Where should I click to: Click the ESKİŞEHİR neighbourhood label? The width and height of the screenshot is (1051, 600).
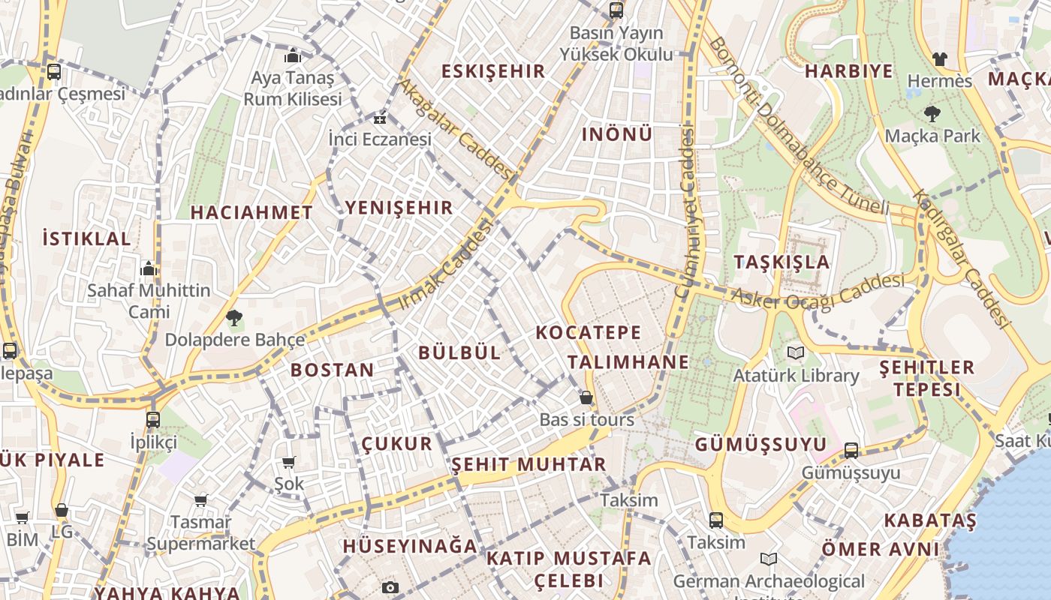tap(492, 71)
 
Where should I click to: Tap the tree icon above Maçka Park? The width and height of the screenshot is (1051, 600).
tap(932, 114)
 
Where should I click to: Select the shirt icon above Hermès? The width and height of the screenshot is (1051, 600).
tap(939, 58)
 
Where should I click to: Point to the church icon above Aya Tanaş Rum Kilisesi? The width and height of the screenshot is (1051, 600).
tap(293, 55)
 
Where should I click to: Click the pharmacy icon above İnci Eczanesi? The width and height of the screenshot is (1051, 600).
tap(380, 118)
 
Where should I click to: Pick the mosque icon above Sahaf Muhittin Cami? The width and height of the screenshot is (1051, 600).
tap(149, 268)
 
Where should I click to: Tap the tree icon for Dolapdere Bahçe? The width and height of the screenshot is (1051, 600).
tap(234, 318)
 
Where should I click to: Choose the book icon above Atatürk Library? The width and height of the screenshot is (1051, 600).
tap(796, 352)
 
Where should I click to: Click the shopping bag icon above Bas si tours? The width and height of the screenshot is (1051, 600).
tap(586, 397)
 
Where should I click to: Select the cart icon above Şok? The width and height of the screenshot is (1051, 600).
tap(289, 462)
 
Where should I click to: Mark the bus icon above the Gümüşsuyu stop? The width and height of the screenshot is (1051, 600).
tap(851, 450)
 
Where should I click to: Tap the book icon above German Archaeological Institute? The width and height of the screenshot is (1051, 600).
tap(768, 559)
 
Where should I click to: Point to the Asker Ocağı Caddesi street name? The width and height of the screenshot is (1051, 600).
tap(818, 292)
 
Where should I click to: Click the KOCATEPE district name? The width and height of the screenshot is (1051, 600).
tap(589, 332)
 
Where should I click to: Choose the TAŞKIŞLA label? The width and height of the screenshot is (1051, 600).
tap(781, 262)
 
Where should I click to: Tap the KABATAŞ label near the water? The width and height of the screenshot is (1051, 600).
tap(929, 520)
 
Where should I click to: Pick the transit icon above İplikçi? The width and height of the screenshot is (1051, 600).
tap(153, 419)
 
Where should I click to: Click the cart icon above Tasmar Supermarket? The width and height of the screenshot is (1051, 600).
tap(200, 500)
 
